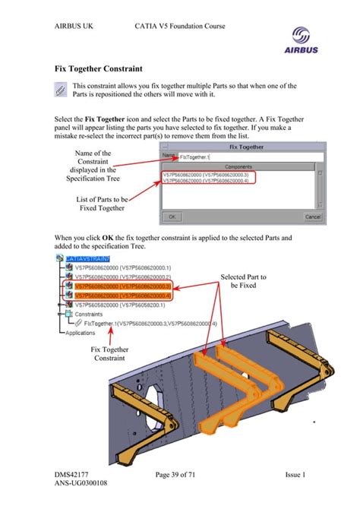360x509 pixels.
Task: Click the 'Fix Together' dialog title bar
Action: click(x=241, y=146)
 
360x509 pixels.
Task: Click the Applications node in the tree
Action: click(x=81, y=332)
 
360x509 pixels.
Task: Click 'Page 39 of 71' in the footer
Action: click(x=180, y=476)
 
